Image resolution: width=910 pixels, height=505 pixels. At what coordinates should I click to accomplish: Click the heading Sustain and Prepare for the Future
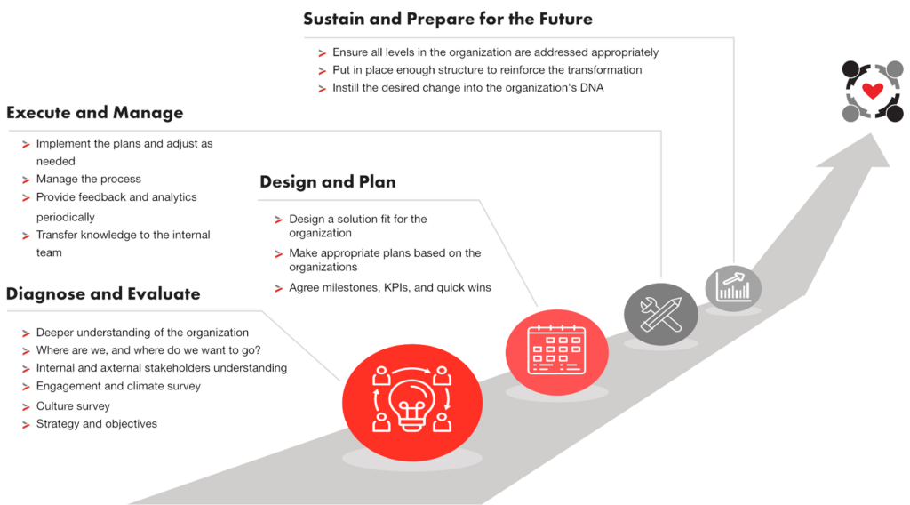pyautogui.click(x=447, y=19)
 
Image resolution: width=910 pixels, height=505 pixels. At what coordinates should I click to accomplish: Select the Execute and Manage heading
pyautogui.click(x=94, y=113)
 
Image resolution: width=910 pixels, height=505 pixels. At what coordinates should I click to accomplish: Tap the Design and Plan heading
pyautogui.click(x=327, y=182)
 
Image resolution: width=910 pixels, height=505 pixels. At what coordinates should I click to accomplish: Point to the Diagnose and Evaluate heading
pyautogui.click(x=103, y=294)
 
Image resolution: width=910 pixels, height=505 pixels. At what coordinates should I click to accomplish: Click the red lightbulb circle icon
pyautogui.click(x=403, y=393)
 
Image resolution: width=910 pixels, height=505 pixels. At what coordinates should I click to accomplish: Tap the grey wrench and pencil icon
pyautogui.click(x=660, y=311)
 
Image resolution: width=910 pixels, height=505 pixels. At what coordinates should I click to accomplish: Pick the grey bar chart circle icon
pyautogui.click(x=733, y=286)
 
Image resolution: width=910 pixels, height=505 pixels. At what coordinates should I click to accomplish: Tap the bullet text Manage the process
pyautogui.click(x=88, y=179)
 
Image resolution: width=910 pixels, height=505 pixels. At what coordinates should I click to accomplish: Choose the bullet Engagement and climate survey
pyautogui.click(x=118, y=387)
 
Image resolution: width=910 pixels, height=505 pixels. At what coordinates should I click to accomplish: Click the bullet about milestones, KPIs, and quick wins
pyautogui.click(x=389, y=287)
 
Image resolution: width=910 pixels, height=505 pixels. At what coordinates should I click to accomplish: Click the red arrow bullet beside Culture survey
pyautogui.click(x=24, y=406)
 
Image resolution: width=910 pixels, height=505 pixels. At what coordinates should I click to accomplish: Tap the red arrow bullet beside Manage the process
pyautogui.click(x=24, y=180)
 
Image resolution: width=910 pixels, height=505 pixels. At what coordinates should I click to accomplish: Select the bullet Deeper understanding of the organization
pyautogui.click(x=141, y=332)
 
